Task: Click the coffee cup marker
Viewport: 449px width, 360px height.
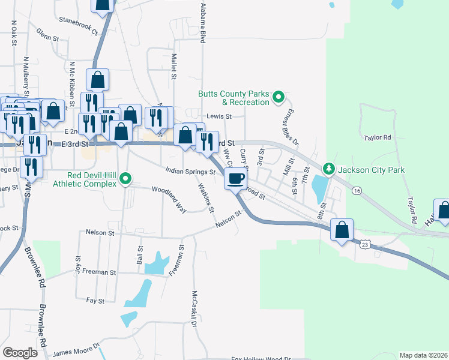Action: (236, 178)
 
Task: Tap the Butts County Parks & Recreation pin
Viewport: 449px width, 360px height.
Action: (278, 96)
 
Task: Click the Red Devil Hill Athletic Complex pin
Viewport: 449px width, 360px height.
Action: (125, 178)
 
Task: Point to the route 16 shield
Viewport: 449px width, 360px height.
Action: (357, 190)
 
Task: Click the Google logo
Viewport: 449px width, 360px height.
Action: (20, 353)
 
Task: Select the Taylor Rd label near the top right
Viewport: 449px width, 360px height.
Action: (377, 137)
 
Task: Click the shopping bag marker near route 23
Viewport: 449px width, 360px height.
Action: (342, 230)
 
